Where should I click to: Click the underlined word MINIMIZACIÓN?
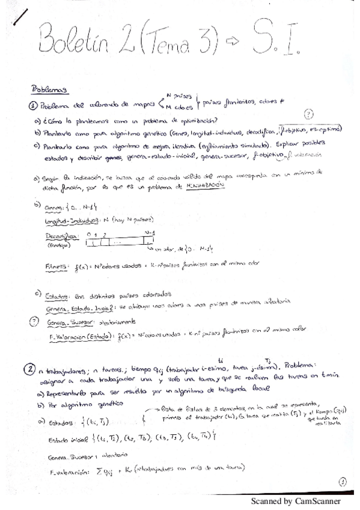pyautogui.click(x=207, y=187)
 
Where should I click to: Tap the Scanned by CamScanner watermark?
pyautogui.click(x=295, y=500)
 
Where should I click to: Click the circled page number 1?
pyautogui.click(x=341, y=481)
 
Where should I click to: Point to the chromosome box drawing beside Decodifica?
pyautogui.click(x=117, y=242)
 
